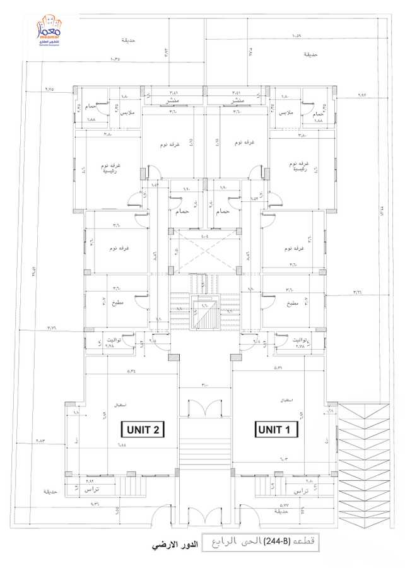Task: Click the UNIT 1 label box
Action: click(x=277, y=430)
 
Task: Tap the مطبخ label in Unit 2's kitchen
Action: click(x=118, y=303)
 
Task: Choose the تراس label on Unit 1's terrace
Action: click(x=302, y=489)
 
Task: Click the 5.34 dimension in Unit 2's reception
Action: click(x=132, y=371)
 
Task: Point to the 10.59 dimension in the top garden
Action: click(x=297, y=36)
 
